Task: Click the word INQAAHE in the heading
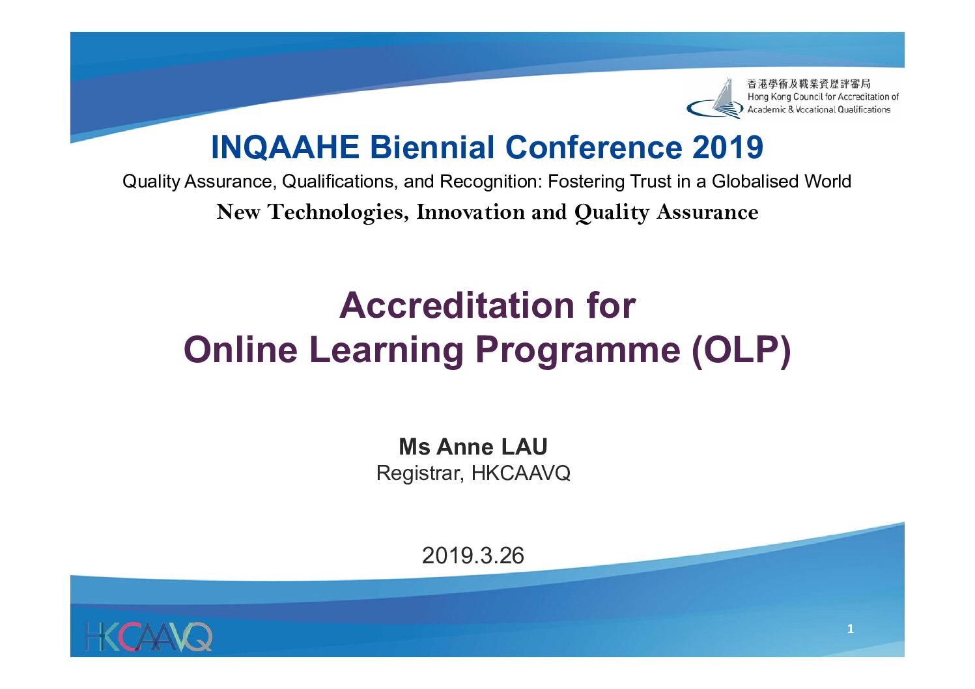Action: coord(285,147)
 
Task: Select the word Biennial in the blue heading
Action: coord(432,147)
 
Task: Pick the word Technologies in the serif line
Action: coord(338,212)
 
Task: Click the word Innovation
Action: coord(470,212)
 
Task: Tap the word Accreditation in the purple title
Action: coord(457,305)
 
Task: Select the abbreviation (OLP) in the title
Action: coord(741,350)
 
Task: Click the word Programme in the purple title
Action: coord(578,351)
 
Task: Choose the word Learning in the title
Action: coord(386,351)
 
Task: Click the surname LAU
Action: coord(524,447)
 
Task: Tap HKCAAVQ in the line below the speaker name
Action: coord(520,473)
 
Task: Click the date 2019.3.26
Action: coord(473,555)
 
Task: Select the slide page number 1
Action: coord(851,628)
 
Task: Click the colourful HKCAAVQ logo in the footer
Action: coord(148,637)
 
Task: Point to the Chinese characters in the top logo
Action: coord(809,83)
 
